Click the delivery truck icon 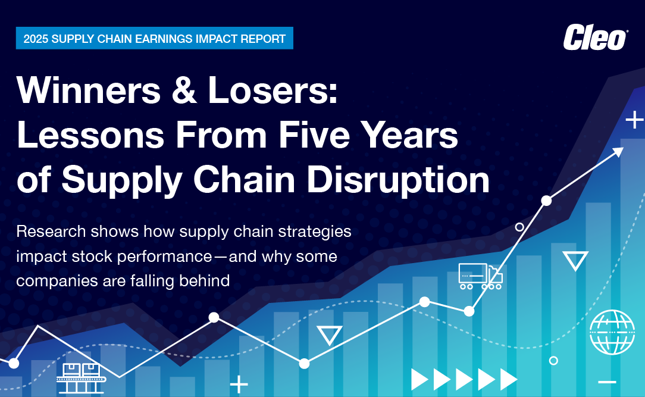coord(480,277)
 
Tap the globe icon coord(612,333)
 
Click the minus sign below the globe coord(608,381)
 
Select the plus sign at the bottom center coord(239,385)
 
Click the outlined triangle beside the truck coord(575,260)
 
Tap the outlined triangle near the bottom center coord(329,335)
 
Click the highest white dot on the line coord(546,201)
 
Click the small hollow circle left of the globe coord(553,360)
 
